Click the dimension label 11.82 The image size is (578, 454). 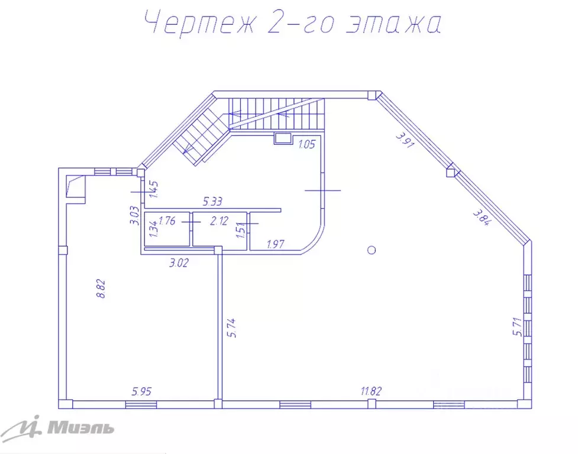(371, 391)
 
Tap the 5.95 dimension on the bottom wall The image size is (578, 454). (142, 391)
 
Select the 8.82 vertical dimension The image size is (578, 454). (101, 289)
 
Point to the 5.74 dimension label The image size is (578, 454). (231, 328)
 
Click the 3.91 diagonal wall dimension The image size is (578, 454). (405, 140)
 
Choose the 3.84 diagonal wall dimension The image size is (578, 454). (482, 217)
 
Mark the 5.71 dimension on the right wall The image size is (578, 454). (518, 326)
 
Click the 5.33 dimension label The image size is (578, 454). (213, 202)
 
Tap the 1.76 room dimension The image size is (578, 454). (167, 221)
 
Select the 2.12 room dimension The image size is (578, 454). (219, 221)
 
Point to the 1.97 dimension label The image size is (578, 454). (275, 244)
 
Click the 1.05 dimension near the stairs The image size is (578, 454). (306, 144)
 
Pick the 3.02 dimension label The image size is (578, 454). (179, 262)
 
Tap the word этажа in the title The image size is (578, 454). (393, 24)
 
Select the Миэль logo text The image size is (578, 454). (80, 428)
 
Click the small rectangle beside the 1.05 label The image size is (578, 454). (283, 138)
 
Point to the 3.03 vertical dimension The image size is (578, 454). (134, 215)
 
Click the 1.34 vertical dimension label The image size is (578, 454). (154, 228)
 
